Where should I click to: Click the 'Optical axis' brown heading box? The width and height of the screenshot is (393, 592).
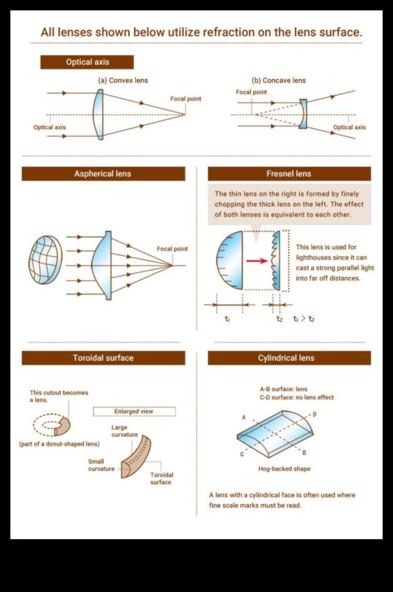[87, 62]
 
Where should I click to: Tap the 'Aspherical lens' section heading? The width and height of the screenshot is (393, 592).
[103, 174]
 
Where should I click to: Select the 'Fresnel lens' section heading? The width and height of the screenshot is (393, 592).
[289, 174]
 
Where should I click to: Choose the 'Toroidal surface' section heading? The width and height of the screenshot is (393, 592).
[103, 358]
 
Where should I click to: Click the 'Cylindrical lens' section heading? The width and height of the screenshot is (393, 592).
[289, 358]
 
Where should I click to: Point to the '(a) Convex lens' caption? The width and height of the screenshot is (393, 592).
[123, 81]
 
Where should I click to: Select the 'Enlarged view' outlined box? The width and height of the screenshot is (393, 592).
[134, 411]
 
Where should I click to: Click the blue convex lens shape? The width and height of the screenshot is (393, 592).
[98, 114]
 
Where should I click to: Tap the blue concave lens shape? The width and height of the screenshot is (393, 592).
[304, 114]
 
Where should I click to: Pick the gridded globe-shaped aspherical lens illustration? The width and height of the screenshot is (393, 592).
[46, 260]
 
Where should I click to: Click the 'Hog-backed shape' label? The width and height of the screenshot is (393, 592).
[284, 469]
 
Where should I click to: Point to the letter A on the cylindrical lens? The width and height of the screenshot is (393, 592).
[244, 418]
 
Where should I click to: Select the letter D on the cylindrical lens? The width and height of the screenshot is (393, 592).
[314, 415]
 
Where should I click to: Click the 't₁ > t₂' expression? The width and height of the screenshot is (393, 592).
[304, 319]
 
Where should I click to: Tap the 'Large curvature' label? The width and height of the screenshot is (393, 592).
[125, 431]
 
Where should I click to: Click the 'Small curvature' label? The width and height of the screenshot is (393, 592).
[96, 465]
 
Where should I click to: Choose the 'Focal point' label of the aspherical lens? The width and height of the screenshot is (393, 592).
[172, 249]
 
